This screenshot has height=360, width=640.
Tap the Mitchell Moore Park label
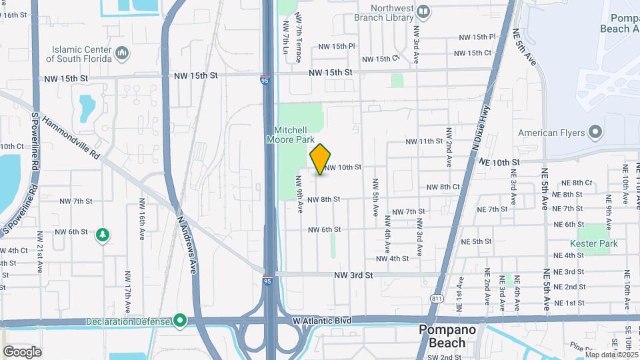click(289, 135)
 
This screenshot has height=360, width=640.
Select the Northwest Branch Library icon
click(423, 11)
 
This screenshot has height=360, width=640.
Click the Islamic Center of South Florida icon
click(122, 53)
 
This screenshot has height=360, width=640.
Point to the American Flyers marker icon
click(596, 132)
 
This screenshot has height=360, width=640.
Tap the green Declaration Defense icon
click(180, 321)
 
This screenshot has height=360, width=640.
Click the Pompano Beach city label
click(446, 337)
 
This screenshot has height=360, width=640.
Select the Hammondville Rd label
click(70, 137)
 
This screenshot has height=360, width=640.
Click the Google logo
click(21, 352)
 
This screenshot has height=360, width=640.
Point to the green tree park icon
click(103, 235)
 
